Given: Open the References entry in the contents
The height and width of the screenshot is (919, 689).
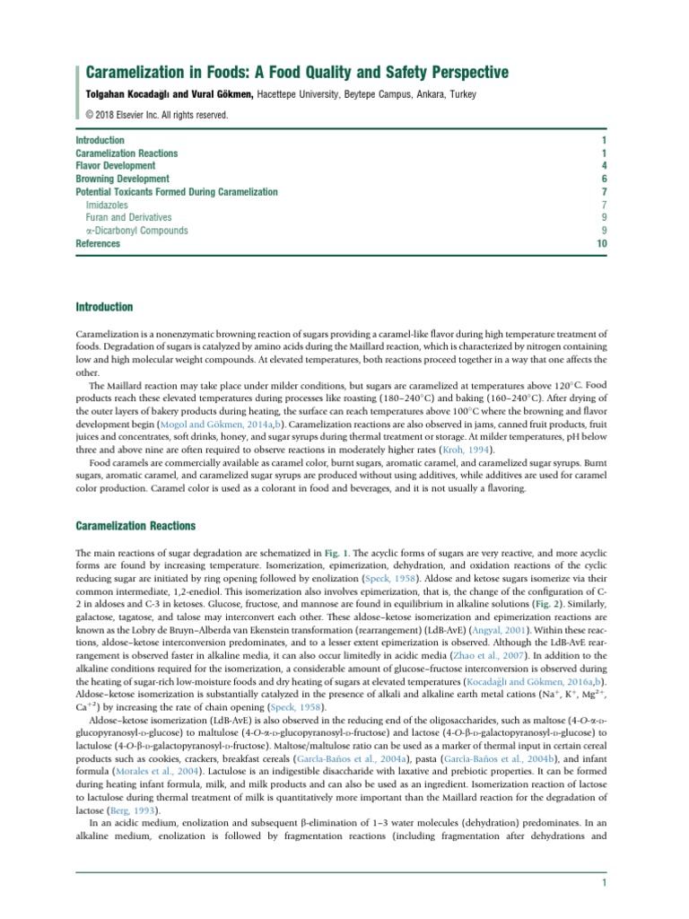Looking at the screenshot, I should [100, 243].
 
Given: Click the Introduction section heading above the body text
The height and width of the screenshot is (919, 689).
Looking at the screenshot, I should [104, 308].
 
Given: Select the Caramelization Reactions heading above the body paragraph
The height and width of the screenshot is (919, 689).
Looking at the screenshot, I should [135, 525].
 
